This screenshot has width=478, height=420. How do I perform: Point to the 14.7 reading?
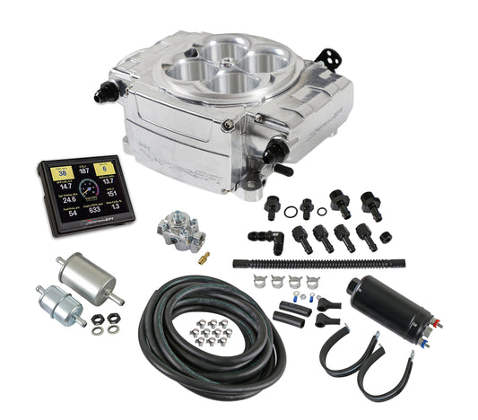[64, 187]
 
